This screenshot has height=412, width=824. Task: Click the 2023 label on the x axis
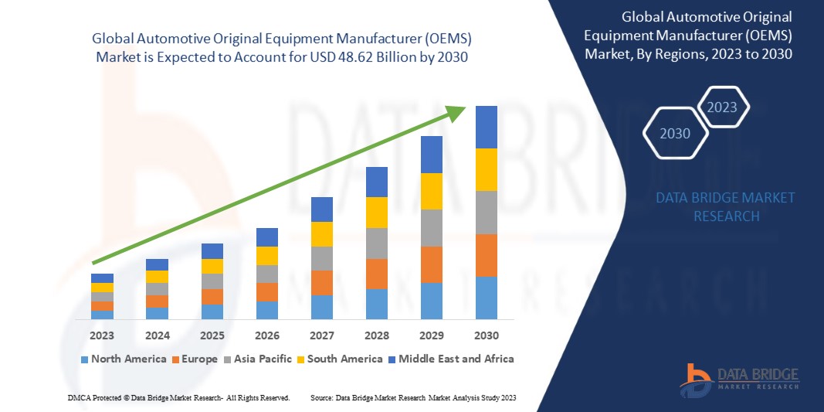tap(102, 335)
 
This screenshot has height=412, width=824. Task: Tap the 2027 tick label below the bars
tap(321, 335)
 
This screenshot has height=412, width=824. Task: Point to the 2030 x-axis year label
tap(486, 335)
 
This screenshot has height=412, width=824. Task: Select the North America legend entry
tap(123, 359)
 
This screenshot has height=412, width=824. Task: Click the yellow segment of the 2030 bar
tap(486, 169)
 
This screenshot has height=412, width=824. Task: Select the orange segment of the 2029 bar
tap(431, 264)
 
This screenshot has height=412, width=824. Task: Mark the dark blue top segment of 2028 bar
tap(376, 182)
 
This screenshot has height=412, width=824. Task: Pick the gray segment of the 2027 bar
tap(321, 258)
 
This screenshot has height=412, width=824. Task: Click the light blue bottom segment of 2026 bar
tap(266, 310)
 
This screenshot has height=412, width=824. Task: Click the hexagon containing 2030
tap(675, 134)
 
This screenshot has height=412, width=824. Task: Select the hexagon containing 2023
tap(722, 107)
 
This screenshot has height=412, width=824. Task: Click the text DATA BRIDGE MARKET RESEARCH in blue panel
tap(725, 207)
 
